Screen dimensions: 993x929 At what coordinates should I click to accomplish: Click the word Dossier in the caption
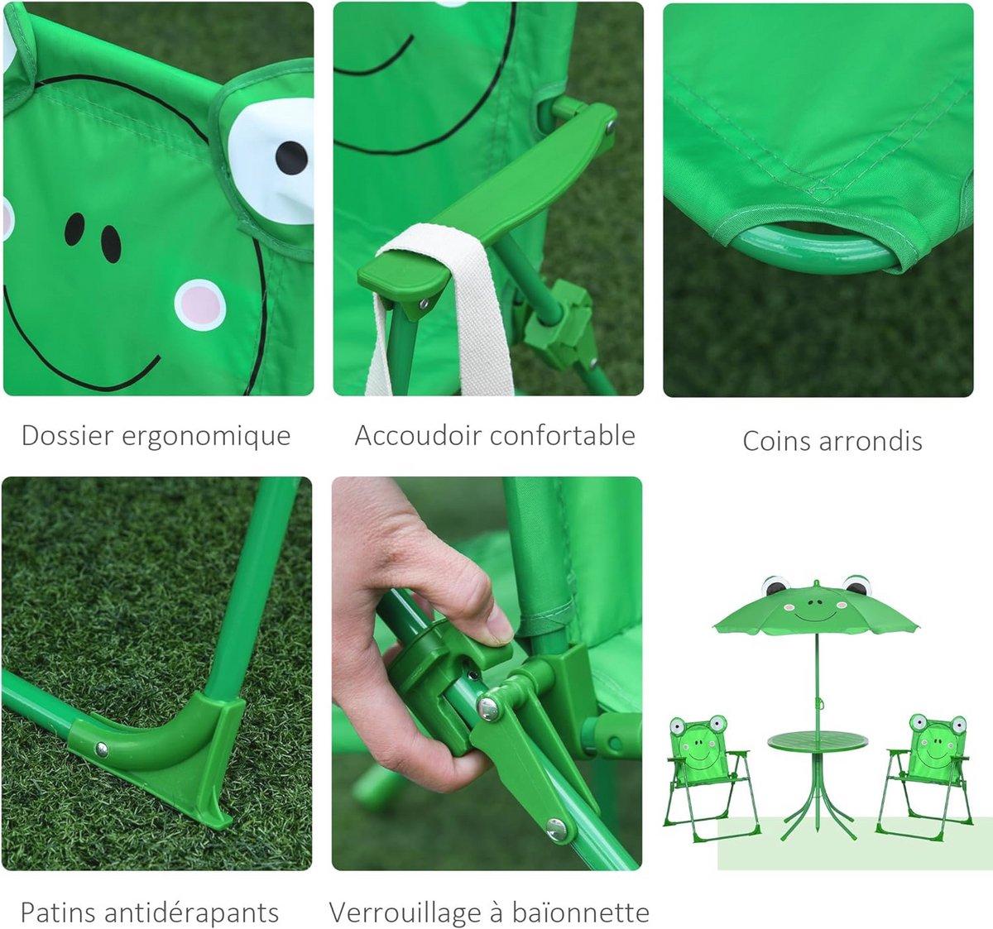(68, 435)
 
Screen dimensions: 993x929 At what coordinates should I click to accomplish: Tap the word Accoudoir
(419, 435)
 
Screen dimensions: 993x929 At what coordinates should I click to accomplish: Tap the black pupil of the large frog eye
(291, 158)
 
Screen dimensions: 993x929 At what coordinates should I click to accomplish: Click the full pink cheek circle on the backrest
(200, 305)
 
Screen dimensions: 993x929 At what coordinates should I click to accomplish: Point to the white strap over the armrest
(440, 310)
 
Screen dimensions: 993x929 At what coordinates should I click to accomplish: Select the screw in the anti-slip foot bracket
(102, 749)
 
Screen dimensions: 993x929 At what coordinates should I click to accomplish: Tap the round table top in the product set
(818, 741)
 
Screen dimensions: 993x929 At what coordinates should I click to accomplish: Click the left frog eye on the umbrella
(775, 586)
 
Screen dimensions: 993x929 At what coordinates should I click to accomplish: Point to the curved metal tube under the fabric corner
(815, 247)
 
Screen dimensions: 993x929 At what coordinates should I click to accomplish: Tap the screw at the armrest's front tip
(424, 303)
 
